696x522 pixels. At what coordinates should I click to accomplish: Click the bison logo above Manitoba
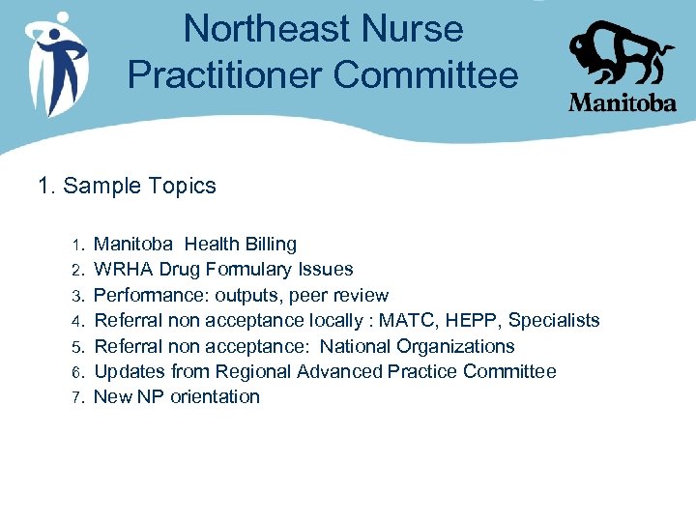(621, 52)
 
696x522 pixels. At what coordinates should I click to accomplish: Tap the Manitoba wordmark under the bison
(622, 101)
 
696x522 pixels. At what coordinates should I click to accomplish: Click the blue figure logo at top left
(57, 60)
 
